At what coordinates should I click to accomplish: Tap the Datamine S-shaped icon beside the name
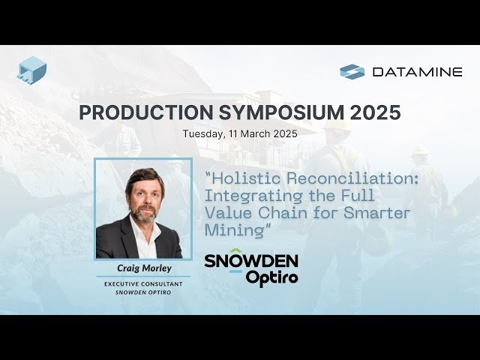tap(352, 72)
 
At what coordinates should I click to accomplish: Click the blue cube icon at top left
tap(31, 70)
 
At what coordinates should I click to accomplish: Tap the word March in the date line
tap(259, 134)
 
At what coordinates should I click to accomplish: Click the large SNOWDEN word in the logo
tap(251, 261)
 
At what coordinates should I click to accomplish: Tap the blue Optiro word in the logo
tap(272, 277)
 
